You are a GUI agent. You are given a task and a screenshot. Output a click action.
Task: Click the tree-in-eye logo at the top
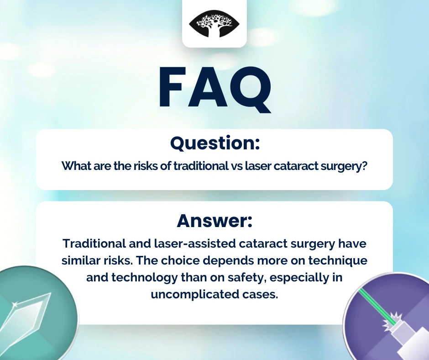pyautogui.click(x=214, y=24)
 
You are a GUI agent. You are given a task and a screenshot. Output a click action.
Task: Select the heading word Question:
pyautogui.click(x=215, y=143)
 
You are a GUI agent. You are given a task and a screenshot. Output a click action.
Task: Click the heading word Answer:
pyautogui.click(x=214, y=221)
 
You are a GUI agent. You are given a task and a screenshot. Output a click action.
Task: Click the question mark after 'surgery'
pyautogui.click(x=364, y=166)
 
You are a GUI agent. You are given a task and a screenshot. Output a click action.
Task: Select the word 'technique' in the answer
pyautogui.click(x=338, y=260)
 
